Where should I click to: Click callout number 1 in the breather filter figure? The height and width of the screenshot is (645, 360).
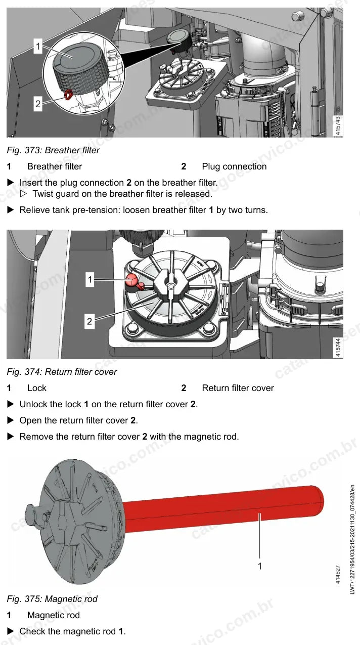[x=38, y=46]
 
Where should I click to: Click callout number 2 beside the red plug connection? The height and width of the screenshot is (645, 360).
[x=38, y=104]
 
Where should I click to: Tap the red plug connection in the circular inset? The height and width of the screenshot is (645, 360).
[x=68, y=95]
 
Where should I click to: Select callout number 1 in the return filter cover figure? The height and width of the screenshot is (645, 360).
[x=90, y=279]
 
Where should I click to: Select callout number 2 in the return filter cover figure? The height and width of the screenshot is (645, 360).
[x=89, y=321]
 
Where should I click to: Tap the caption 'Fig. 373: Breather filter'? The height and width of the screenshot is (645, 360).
[x=53, y=150]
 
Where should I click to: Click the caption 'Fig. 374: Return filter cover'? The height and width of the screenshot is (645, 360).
[x=62, y=372]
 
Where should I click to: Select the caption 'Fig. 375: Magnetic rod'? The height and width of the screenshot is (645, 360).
[x=52, y=599]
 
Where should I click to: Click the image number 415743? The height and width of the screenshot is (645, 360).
[x=338, y=126]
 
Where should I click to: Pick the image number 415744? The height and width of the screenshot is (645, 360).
[x=338, y=348]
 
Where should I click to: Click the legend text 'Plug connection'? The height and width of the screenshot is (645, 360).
[x=234, y=166]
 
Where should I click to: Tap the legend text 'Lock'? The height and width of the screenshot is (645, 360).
[x=37, y=388]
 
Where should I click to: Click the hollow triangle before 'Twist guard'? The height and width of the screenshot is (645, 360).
[x=24, y=194]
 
